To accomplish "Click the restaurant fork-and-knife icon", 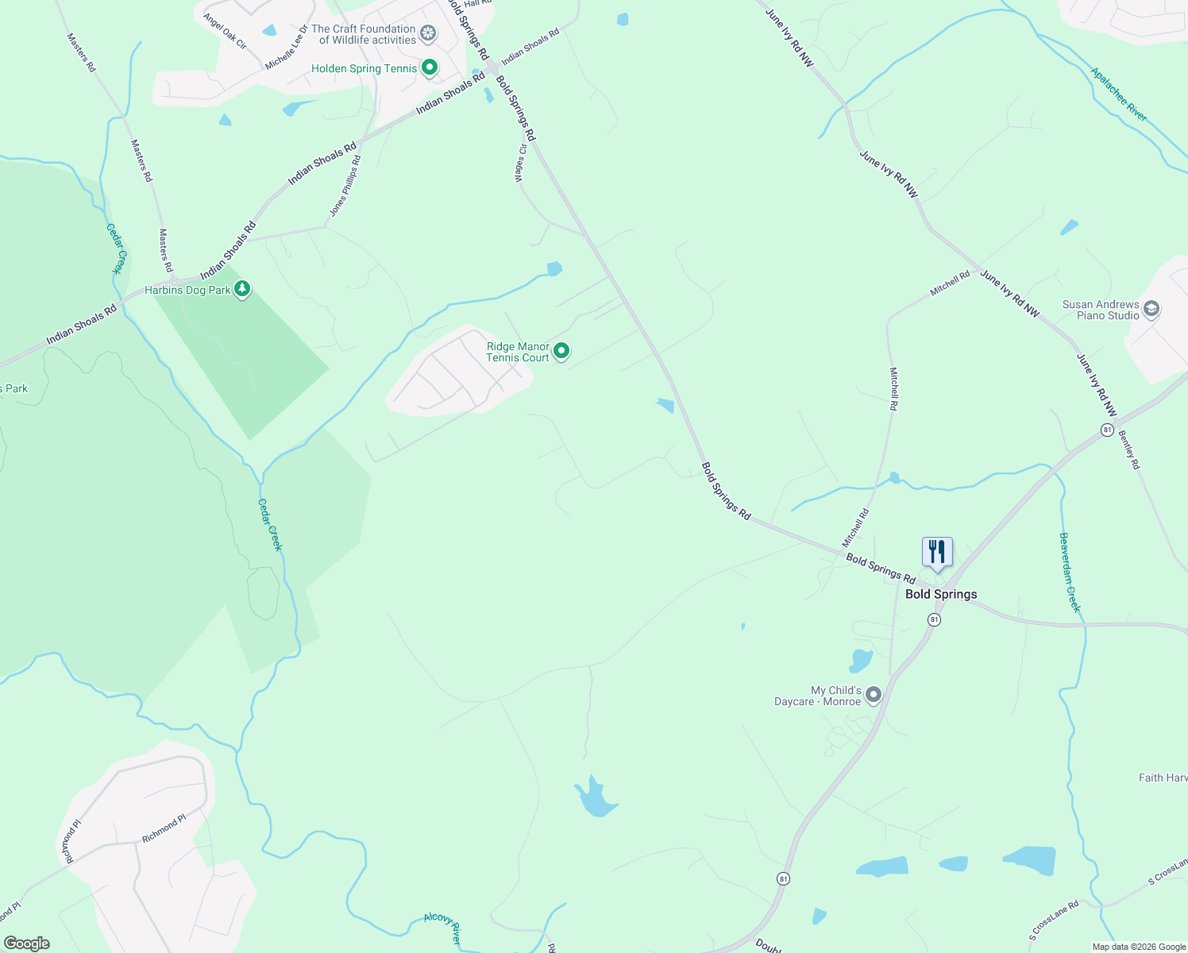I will click(x=937, y=551).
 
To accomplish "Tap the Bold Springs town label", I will click(x=941, y=594).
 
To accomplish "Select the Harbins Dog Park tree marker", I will click(x=242, y=289).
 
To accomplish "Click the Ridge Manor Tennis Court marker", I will click(x=561, y=350).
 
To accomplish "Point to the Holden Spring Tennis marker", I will click(x=430, y=68).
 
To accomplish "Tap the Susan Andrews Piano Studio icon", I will click(x=1151, y=308).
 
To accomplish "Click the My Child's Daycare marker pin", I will click(x=874, y=695).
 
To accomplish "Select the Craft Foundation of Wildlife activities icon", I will click(x=428, y=33).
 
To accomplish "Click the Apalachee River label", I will click(x=1118, y=95).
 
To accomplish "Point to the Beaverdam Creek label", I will click(x=1070, y=572).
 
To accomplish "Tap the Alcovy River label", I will click(x=442, y=928).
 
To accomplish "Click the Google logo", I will click(x=26, y=943).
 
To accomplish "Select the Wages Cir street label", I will click(x=521, y=164).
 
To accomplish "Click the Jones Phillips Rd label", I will click(x=345, y=186).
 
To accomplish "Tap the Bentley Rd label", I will click(x=1128, y=449).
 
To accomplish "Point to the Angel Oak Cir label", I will click(x=225, y=31).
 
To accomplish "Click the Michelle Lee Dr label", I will click(x=286, y=47).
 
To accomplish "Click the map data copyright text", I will click(x=1138, y=947).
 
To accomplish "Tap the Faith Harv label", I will click(x=1163, y=777).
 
